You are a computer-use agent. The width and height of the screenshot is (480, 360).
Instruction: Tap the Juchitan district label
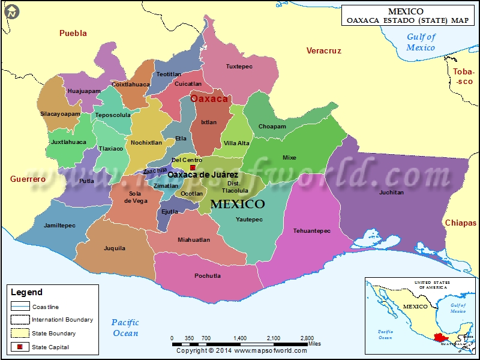tap(391, 193)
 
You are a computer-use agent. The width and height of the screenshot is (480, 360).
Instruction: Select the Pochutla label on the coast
tap(208, 276)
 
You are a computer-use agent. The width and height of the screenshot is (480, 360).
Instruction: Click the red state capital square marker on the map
tap(193, 167)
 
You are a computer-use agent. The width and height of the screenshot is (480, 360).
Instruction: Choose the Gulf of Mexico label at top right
tap(421, 42)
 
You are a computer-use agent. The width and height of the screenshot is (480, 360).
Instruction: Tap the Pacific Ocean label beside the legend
tap(125, 328)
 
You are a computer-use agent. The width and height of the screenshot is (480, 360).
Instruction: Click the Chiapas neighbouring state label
tap(460, 223)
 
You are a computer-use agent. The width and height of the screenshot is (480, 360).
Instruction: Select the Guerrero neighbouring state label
tap(28, 179)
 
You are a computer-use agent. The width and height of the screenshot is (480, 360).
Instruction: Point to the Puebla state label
tap(73, 34)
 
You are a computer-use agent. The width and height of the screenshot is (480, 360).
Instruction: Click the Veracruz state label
tap(323, 51)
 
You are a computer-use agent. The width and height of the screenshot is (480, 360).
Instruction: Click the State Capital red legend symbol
tap(20, 347)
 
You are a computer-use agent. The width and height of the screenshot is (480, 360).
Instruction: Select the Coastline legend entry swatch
tap(20, 307)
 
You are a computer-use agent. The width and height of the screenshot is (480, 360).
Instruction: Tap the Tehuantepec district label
tap(311, 231)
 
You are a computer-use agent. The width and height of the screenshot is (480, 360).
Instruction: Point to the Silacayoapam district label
tap(60, 113)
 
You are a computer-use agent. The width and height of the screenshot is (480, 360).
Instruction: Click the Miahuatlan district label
tap(194, 240)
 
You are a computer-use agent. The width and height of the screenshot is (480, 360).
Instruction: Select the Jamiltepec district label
tap(60, 226)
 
